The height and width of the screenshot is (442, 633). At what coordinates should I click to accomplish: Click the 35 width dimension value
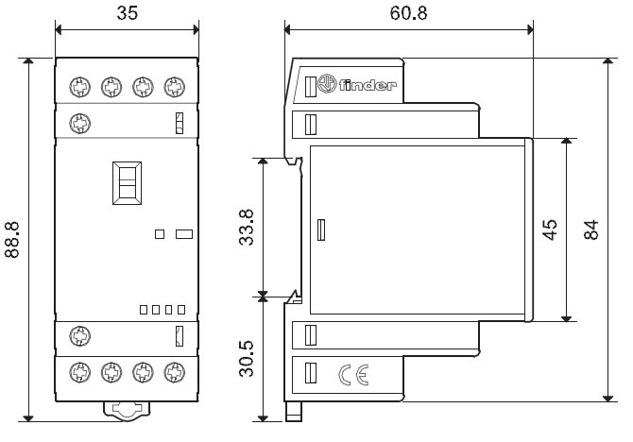click(x=126, y=13)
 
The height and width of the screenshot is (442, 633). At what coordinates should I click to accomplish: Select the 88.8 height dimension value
click(x=13, y=240)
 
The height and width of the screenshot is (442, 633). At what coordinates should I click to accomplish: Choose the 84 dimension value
click(x=591, y=229)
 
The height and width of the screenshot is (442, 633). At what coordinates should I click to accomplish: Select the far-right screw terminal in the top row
click(x=172, y=87)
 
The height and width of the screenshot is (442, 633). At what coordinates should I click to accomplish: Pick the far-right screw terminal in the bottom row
click(x=172, y=371)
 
